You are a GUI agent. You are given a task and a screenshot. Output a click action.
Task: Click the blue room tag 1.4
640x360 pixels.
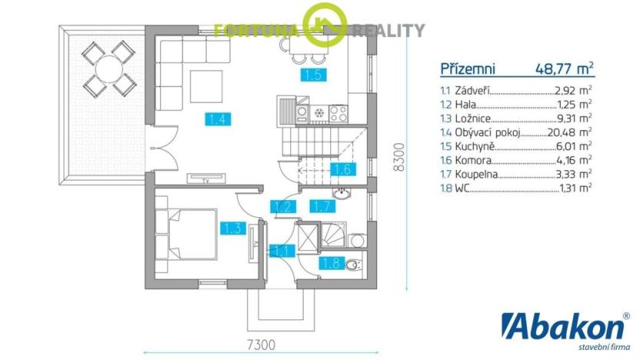[218, 119]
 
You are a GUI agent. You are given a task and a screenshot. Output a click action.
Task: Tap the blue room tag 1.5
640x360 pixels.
[314, 75]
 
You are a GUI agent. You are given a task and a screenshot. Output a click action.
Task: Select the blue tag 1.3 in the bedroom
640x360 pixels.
[233, 228]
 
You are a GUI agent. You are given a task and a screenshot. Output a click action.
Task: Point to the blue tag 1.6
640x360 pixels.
[343, 169]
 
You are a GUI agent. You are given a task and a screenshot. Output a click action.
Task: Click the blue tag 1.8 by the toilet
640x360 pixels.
[332, 263]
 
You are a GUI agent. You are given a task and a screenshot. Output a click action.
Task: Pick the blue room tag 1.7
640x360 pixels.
[322, 206]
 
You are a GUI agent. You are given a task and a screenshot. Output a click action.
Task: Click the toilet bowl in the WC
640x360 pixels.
[352, 265]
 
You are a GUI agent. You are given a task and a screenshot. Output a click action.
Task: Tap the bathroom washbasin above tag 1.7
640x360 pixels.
[341, 194]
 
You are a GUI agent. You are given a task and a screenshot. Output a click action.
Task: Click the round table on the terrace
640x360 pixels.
[108, 68]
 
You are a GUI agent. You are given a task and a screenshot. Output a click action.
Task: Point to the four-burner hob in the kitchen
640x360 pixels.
[338, 114]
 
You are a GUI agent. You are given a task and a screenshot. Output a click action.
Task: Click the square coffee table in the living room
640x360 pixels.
[206, 86]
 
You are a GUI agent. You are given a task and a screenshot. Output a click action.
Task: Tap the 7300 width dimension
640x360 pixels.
[262, 345]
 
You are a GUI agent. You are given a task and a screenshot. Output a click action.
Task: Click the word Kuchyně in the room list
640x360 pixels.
[475, 146]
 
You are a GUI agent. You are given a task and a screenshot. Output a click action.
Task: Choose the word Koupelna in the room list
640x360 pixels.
[476, 175]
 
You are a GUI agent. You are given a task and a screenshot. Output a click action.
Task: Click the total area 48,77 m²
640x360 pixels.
[565, 68]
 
